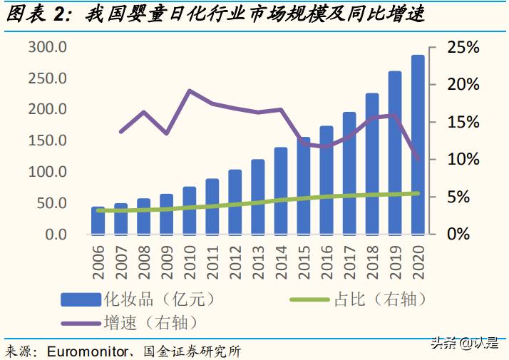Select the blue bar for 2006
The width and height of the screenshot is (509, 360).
[x=98, y=220]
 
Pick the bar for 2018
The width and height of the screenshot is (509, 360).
[x=372, y=163]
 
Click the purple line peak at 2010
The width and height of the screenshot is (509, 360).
[x=190, y=91]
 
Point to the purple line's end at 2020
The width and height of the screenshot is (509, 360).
[x=418, y=159]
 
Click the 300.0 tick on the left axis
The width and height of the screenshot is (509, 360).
[x=48, y=47]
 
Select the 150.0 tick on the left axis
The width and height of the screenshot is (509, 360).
[x=48, y=140]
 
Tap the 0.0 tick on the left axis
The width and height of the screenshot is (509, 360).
[x=54, y=234]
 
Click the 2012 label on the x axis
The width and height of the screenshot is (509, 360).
[x=235, y=260]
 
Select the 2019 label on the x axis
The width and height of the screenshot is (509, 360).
[x=395, y=260]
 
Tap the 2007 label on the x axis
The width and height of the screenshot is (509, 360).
[x=121, y=260]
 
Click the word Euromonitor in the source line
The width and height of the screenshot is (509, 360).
[x=89, y=351]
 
